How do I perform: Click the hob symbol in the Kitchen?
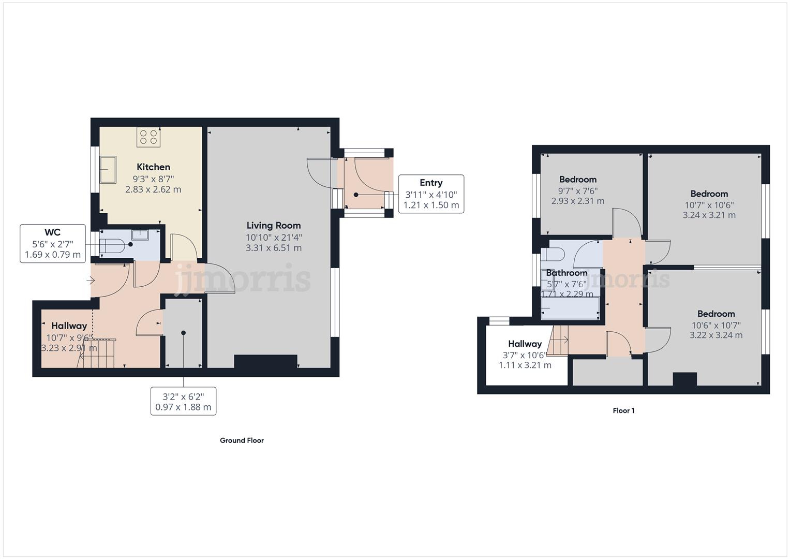coord(148,137)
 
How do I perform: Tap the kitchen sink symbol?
coord(108,169)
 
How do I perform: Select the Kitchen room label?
coord(153,167)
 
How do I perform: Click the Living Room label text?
coord(273,226)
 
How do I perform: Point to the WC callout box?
coord(53,243)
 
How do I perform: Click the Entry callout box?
coord(431,194)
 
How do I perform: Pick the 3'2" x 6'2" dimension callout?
coord(183,401)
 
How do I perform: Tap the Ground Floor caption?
coord(242,440)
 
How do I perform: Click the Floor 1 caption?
coord(623,411)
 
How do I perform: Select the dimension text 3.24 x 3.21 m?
coord(709,215)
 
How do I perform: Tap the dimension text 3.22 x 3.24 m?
coord(716,335)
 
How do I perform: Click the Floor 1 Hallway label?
coord(525,344)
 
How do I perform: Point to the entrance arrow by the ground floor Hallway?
coord(91,281)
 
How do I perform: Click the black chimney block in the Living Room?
coord(265,361)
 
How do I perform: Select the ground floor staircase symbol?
coord(98,352)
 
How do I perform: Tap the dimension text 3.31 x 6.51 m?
coord(273,248)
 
